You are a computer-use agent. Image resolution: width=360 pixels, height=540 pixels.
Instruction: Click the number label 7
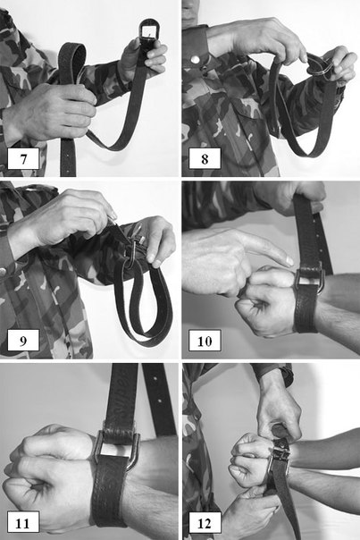[23, 159]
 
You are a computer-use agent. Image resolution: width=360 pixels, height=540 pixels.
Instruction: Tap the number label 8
[205, 159]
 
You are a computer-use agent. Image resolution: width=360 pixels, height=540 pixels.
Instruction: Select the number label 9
[23, 341]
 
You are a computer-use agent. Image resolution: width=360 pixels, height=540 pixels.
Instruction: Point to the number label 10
[205, 341]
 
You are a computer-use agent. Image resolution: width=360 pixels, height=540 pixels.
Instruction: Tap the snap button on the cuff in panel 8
[195, 60]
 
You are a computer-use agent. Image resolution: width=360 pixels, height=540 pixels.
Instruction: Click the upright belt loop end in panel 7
[71, 62]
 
